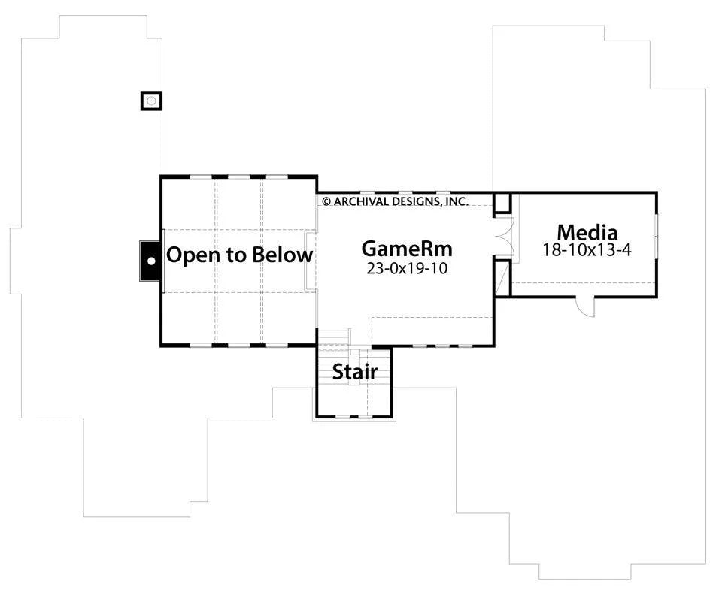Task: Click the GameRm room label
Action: click(x=407, y=249)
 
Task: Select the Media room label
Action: click(x=587, y=232)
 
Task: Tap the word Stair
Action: click(x=354, y=371)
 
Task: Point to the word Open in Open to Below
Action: click(x=190, y=255)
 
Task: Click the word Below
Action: click(x=282, y=255)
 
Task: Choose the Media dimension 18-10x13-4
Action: click(x=587, y=250)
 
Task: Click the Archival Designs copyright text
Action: click(x=395, y=201)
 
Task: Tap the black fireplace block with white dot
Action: click(x=150, y=261)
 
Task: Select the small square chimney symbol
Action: click(x=151, y=100)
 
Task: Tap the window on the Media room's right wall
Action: click(x=657, y=235)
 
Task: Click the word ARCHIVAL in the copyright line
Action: click(x=361, y=201)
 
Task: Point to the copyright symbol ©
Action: click(x=326, y=201)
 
